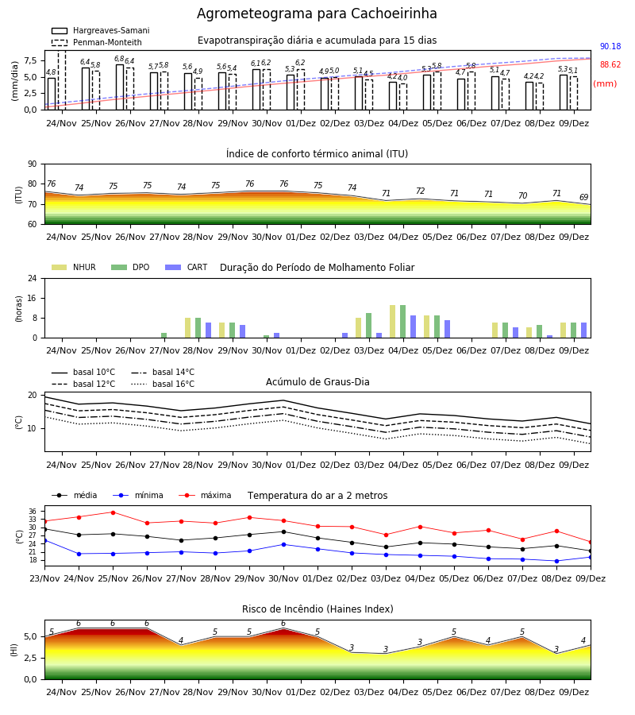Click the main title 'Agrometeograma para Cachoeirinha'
317,14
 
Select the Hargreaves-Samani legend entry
101,30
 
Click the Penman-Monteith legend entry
97,42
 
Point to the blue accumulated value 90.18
610,47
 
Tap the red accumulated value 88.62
610,65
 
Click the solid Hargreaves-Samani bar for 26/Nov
120,87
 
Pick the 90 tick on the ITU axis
33,164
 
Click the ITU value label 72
420,191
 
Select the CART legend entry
187,267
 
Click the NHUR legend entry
73,267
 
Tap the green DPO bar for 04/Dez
402,322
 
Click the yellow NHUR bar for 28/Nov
187,328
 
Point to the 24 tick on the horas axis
33,278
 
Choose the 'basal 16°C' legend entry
163,384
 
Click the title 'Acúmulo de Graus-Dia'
317,382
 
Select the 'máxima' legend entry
205,495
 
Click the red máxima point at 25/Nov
113,512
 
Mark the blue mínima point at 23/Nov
45,541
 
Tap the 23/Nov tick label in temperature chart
44,578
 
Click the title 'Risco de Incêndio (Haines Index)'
317,609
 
